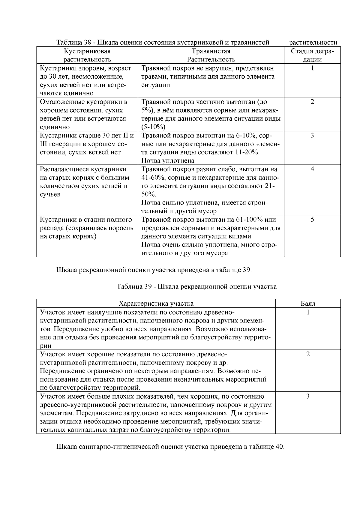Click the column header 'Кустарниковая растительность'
(x=87, y=55)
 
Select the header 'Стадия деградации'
(x=312, y=55)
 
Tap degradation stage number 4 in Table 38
(x=312, y=169)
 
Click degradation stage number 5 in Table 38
(x=312, y=220)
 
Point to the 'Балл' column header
(x=308, y=304)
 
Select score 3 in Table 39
(x=308, y=397)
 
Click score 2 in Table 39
(x=308, y=354)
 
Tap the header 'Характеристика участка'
(x=156, y=304)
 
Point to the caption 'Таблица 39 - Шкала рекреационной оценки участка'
(x=196, y=286)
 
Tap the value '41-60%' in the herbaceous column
(x=151, y=178)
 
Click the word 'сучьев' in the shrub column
(x=50, y=194)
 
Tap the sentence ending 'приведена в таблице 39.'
(x=154, y=270)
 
